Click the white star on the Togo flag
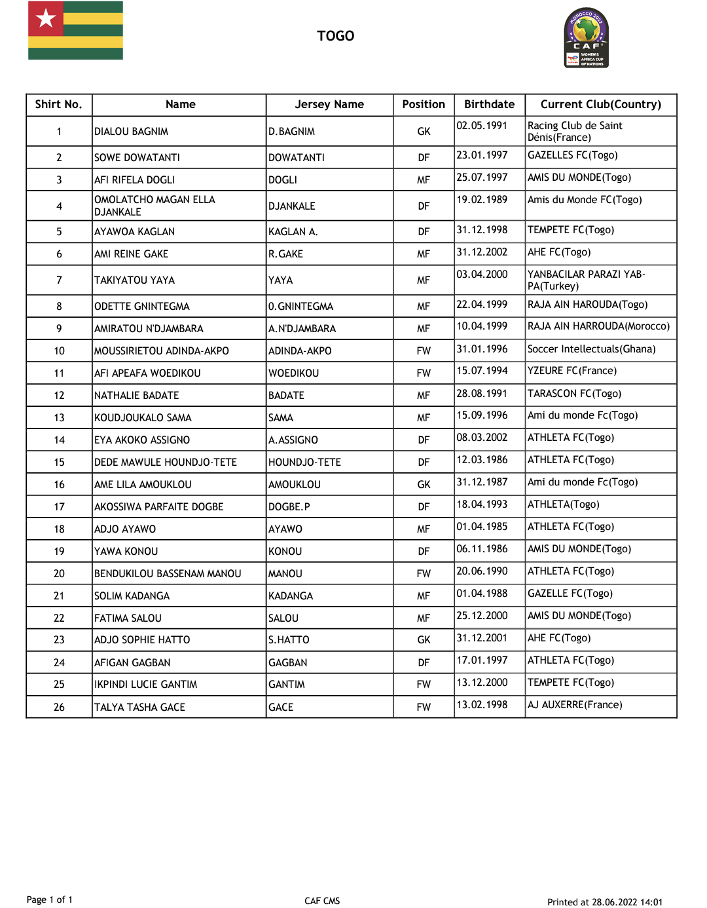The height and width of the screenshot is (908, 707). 46,18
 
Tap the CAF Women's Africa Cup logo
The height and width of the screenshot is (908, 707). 587,38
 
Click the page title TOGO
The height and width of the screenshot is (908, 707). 335,36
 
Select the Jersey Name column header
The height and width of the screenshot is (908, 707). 329,104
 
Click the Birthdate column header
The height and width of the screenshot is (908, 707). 489,104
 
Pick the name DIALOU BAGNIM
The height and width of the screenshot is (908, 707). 131,132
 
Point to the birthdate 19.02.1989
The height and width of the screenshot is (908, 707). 482,200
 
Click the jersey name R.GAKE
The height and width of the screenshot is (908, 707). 285,254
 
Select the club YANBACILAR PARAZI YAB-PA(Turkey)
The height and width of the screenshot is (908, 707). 586,280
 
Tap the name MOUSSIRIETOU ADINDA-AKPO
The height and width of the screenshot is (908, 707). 162,351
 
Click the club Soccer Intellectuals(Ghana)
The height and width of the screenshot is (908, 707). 591,349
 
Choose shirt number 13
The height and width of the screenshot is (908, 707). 59,418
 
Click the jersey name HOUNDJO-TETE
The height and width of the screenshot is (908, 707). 304,463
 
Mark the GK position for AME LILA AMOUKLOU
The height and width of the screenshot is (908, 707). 424,485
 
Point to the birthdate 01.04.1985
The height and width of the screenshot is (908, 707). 482,527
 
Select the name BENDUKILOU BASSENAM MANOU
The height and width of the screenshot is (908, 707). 168,574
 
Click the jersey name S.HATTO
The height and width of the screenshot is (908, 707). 289,640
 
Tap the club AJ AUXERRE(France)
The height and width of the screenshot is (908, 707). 575,705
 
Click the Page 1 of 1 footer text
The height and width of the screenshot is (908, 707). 50,899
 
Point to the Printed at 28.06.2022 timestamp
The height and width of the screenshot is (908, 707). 605,902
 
